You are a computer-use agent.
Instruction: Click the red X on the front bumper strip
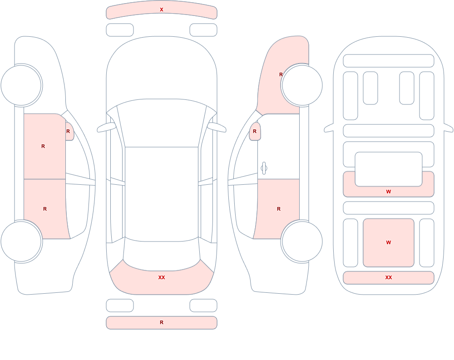[x=162, y=10]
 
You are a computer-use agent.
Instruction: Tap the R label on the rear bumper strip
[x=162, y=322]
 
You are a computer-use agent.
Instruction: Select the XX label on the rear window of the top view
[x=162, y=277]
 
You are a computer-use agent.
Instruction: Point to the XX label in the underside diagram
[x=389, y=277]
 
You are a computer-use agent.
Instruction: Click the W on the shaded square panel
[x=389, y=242]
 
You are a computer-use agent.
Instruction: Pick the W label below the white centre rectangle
[x=389, y=192]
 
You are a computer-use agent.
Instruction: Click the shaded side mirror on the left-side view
[x=69, y=132]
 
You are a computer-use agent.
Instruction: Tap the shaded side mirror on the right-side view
[x=255, y=132]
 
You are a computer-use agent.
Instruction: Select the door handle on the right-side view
[x=264, y=168]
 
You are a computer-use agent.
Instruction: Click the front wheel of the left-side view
[x=21, y=85]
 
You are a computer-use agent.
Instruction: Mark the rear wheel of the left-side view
[x=21, y=242]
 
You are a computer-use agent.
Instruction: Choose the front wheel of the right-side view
[x=302, y=85]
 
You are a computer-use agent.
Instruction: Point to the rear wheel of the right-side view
[x=302, y=242]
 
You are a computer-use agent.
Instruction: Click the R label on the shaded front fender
[x=281, y=74]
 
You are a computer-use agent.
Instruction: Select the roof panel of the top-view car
[x=162, y=194]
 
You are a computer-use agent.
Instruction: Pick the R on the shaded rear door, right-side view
[x=279, y=209]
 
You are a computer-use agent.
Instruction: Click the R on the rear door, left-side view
[x=45, y=209]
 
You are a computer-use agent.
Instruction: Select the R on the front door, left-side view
[x=43, y=146]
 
